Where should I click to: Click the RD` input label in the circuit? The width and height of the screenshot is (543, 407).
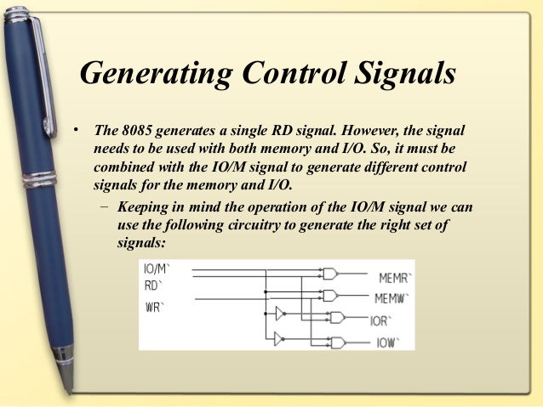[153, 285]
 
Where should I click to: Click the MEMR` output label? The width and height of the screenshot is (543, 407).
[394, 278]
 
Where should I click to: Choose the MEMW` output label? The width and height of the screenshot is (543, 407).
[393, 298]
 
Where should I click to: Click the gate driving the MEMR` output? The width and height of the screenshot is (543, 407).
[330, 274]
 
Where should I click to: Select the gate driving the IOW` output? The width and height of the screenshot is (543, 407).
[338, 343]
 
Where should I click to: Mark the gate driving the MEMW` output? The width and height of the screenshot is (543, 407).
[330, 295]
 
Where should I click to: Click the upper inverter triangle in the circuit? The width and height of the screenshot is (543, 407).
[279, 314]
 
